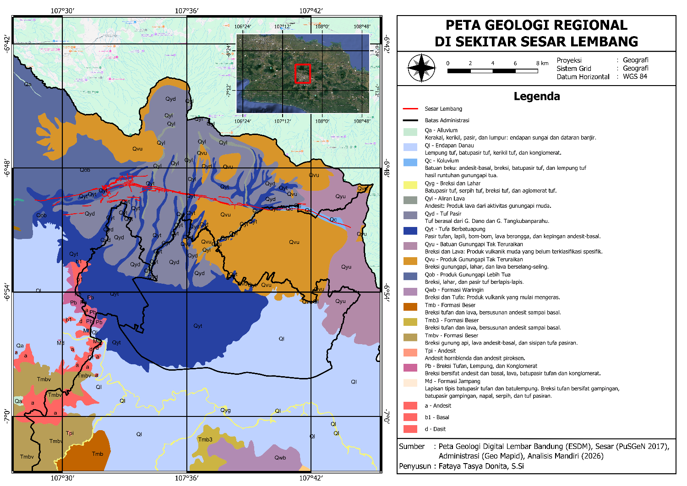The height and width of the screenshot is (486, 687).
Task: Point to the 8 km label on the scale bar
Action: [542, 63]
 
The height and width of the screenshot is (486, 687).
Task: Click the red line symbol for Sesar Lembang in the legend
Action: [410, 109]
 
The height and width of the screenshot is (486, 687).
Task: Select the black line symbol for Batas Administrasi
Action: [410, 120]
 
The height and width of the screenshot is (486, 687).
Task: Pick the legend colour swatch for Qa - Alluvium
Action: [410, 132]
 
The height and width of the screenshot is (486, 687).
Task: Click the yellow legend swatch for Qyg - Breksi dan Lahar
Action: [410, 185]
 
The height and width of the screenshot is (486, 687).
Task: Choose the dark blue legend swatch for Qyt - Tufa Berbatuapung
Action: [410, 231]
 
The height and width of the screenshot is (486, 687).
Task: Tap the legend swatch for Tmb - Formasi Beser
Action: [410, 307]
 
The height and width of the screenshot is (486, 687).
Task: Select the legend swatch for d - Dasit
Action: [410, 429]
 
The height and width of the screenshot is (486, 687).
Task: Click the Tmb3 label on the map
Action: [205, 440]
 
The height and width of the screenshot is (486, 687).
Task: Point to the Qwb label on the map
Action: [280, 458]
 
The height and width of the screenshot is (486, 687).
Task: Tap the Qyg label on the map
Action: [225, 410]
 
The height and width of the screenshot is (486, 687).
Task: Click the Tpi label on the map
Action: [70, 433]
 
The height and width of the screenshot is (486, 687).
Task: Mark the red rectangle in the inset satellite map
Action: [303, 74]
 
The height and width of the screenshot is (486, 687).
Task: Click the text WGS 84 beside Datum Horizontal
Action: [635, 76]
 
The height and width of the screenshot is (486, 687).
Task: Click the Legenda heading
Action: [536, 96]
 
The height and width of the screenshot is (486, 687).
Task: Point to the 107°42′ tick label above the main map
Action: [311, 11]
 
